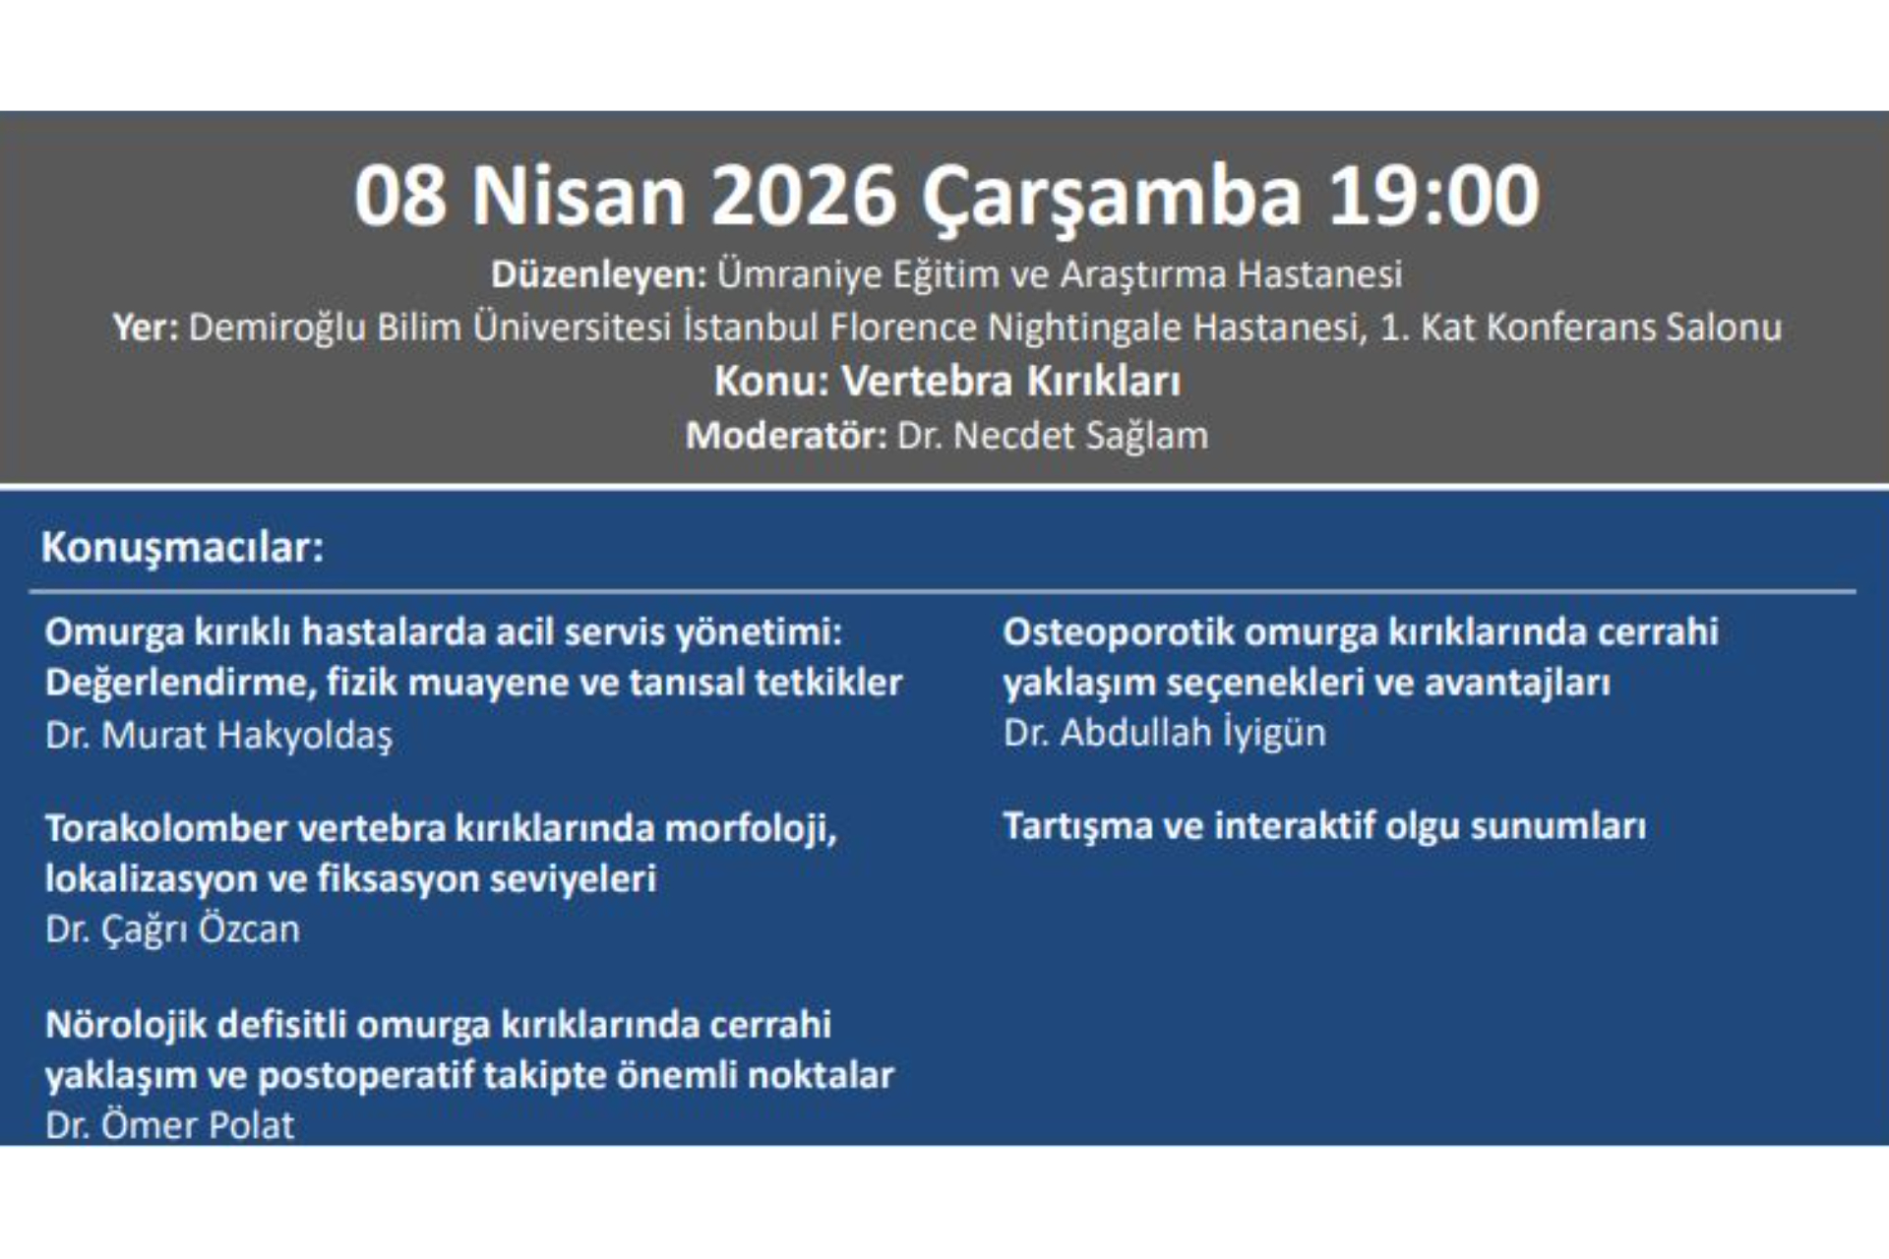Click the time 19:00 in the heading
point(1433,196)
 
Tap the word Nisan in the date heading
point(579,196)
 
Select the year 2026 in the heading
point(803,196)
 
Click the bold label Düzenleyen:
point(599,274)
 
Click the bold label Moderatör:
point(786,435)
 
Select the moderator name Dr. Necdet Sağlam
point(1053,436)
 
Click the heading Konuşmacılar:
point(183,548)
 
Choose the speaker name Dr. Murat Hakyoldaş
point(218,735)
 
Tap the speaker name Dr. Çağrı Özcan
point(172,929)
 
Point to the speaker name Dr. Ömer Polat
point(169,1124)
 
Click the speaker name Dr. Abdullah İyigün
point(1165,733)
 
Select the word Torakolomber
point(165,828)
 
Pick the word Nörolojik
point(125,1025)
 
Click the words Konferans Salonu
point(1633,328)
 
